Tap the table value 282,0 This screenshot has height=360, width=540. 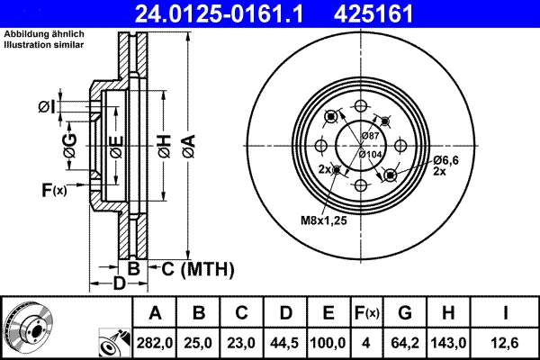(155, 342)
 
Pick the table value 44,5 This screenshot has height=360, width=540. (285, 342)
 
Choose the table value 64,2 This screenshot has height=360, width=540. (405, 342)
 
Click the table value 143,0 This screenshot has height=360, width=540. (450, 342)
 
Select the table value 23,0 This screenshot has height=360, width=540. (241, 342)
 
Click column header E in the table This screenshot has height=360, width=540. (328, 313)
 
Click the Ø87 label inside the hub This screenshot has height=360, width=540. (370, 135)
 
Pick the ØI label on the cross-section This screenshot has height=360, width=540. (47, 108)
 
